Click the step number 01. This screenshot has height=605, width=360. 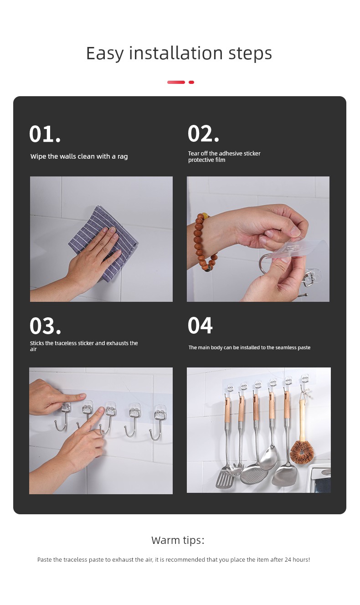45,134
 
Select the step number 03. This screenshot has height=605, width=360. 45,326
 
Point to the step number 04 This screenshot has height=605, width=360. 200,325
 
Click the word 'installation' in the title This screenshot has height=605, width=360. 176,53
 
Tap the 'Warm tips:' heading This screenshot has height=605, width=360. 178,540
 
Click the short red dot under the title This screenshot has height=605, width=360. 191,82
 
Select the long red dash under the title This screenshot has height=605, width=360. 176,82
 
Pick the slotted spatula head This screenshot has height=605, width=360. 225,478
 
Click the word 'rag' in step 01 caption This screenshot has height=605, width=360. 123,157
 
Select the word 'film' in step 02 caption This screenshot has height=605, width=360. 220,160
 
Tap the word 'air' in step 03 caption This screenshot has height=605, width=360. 33,349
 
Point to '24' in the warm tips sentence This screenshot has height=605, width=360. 288,559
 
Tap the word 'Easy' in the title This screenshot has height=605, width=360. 105,53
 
